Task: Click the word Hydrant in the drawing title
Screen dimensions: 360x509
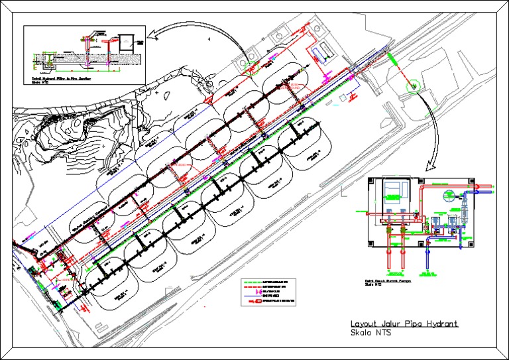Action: [x=436, y=324]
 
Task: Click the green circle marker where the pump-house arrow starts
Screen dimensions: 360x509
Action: [x=410, y=85]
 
